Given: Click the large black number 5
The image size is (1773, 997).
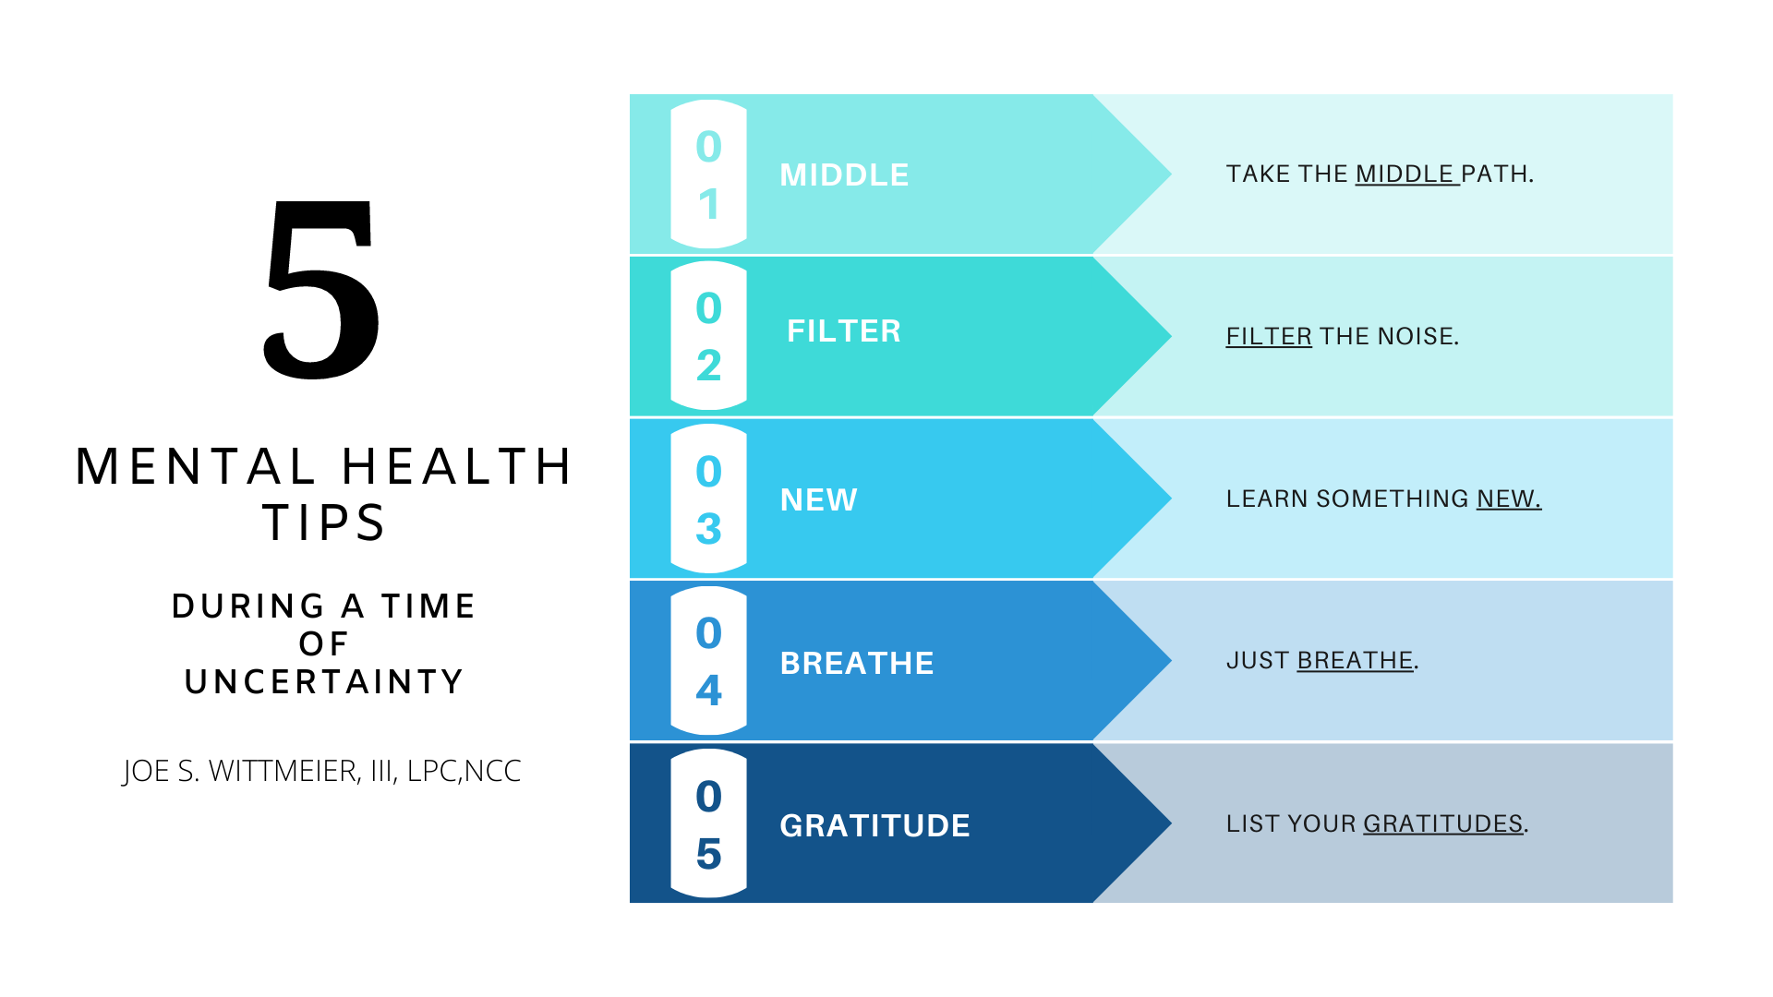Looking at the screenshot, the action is tap(321, 290).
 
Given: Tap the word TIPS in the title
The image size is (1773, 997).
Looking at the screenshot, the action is tap(324, 523).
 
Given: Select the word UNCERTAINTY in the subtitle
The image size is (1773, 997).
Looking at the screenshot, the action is tap(324, 681).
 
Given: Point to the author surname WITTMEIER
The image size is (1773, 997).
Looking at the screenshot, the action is tap(283, 771).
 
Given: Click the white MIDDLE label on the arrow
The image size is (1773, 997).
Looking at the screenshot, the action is tap(845, 174).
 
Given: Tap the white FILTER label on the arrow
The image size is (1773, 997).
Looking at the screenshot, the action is tap(844, 330).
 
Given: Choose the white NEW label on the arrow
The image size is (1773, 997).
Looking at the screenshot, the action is tap(819, 499).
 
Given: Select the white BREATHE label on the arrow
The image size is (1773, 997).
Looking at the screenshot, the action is tap(857, 663).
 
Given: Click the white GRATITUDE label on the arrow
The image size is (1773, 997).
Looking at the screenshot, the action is tap(875, 825).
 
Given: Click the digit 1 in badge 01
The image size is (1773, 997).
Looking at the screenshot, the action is tap(709, 204).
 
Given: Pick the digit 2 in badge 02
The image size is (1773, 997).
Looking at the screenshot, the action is tap(709, 366).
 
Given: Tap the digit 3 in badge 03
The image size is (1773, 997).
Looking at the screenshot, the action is tap(709, 529).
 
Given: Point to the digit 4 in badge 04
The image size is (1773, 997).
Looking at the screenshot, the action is tap(709, 691).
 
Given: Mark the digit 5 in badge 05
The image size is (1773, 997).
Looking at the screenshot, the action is tap(709, 854).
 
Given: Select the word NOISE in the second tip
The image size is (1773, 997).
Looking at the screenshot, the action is tap(1415, 336).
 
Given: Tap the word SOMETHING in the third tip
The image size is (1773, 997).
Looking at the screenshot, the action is tap(1393, 498).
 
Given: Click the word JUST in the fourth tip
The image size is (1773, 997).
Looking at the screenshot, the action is tap(1258, 661).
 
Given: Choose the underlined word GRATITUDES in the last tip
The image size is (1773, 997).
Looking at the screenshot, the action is tap(1443, 823).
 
